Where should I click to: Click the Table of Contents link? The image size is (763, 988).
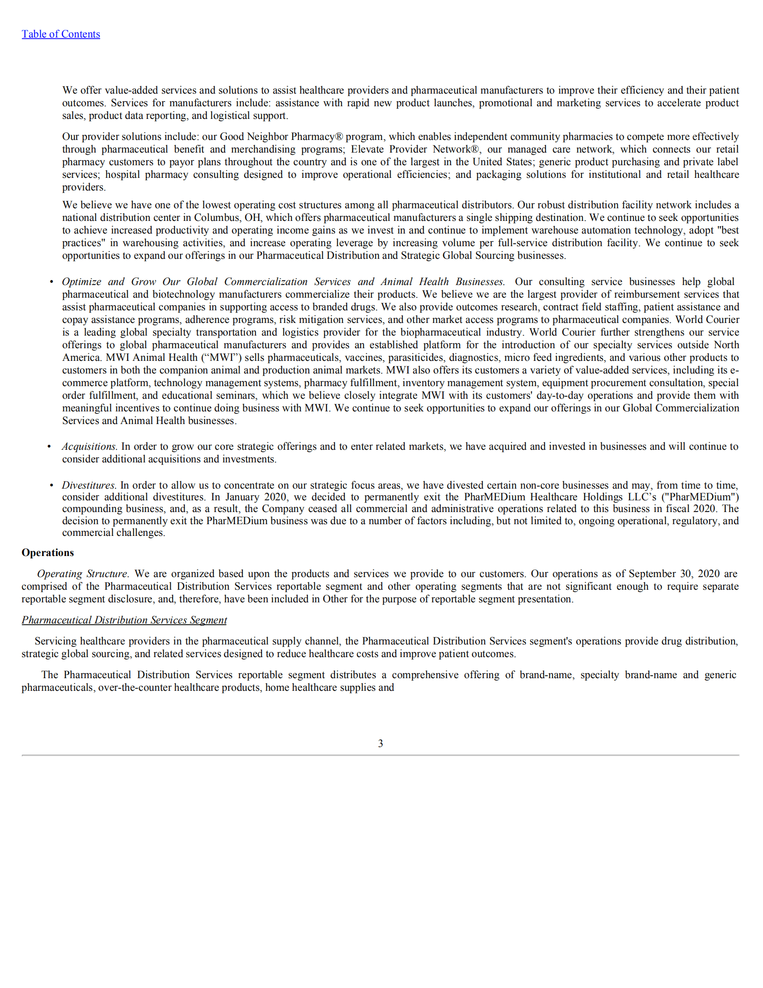click(61, 34)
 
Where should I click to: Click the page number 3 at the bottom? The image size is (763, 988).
click(380, 743)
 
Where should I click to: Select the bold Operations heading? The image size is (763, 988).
click(48, 552)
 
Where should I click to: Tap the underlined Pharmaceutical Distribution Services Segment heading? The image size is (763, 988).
click(124, 620)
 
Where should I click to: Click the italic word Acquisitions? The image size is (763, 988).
click(89, 446)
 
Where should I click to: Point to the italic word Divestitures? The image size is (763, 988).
click(88, 485)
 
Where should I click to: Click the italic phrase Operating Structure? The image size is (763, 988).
click(82, 573)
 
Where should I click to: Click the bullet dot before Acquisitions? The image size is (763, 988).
click(49, 446)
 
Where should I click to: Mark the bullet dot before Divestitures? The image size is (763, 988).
click(51, 485)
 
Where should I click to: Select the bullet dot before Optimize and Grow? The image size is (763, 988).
click(51, 282)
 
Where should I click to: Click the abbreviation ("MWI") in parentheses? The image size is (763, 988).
click(221, 358)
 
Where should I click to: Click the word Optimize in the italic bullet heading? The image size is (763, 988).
click(81, 282)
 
